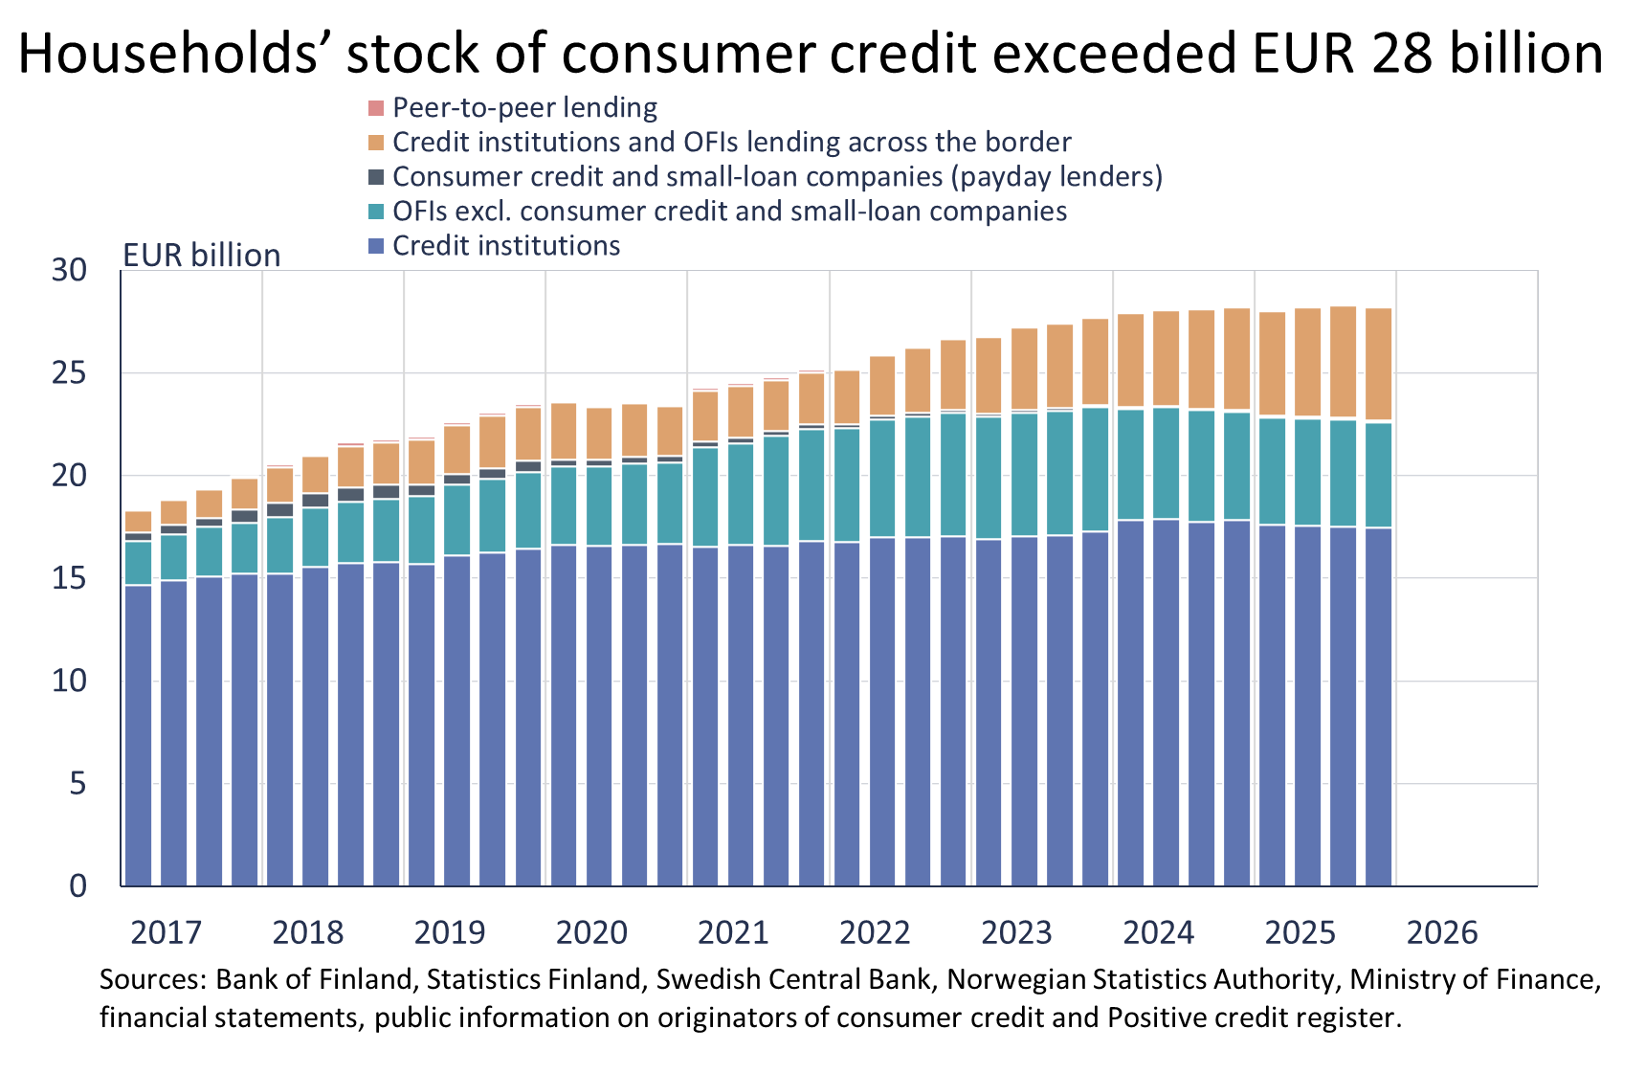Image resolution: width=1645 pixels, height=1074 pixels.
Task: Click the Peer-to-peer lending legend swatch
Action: [376, 107]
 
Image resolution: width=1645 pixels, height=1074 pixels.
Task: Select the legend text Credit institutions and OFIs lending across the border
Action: [731, 142]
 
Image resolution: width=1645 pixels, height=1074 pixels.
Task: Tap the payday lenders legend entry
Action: [777, 176]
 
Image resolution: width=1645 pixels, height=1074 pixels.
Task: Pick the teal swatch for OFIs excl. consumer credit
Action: [376, 212]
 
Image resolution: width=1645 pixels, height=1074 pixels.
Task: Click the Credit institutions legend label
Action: [506, 246]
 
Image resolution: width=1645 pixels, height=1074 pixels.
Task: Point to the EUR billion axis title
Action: [201, 256]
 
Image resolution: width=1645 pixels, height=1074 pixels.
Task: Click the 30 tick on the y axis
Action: [69, 271]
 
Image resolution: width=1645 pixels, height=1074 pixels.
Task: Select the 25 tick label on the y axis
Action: [69, 373]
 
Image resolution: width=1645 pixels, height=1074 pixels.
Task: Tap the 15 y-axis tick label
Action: [69, 578]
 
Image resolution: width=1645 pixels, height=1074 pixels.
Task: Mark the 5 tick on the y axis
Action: [78, 784]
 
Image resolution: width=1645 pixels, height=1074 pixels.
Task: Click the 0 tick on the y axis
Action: [78, 886]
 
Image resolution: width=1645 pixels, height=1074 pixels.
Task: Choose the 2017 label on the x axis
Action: [166, 932]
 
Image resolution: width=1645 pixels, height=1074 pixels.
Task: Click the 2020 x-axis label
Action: [591, 932]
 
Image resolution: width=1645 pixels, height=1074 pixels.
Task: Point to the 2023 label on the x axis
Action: [1016, 932]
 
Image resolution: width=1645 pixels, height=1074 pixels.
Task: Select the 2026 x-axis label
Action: [1442, 932]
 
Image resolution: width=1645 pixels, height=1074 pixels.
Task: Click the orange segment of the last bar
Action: [1378, 364]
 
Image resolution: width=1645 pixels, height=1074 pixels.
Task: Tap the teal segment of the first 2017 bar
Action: [139, 563]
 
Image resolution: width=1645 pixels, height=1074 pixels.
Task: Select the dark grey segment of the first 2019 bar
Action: [421, 490]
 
